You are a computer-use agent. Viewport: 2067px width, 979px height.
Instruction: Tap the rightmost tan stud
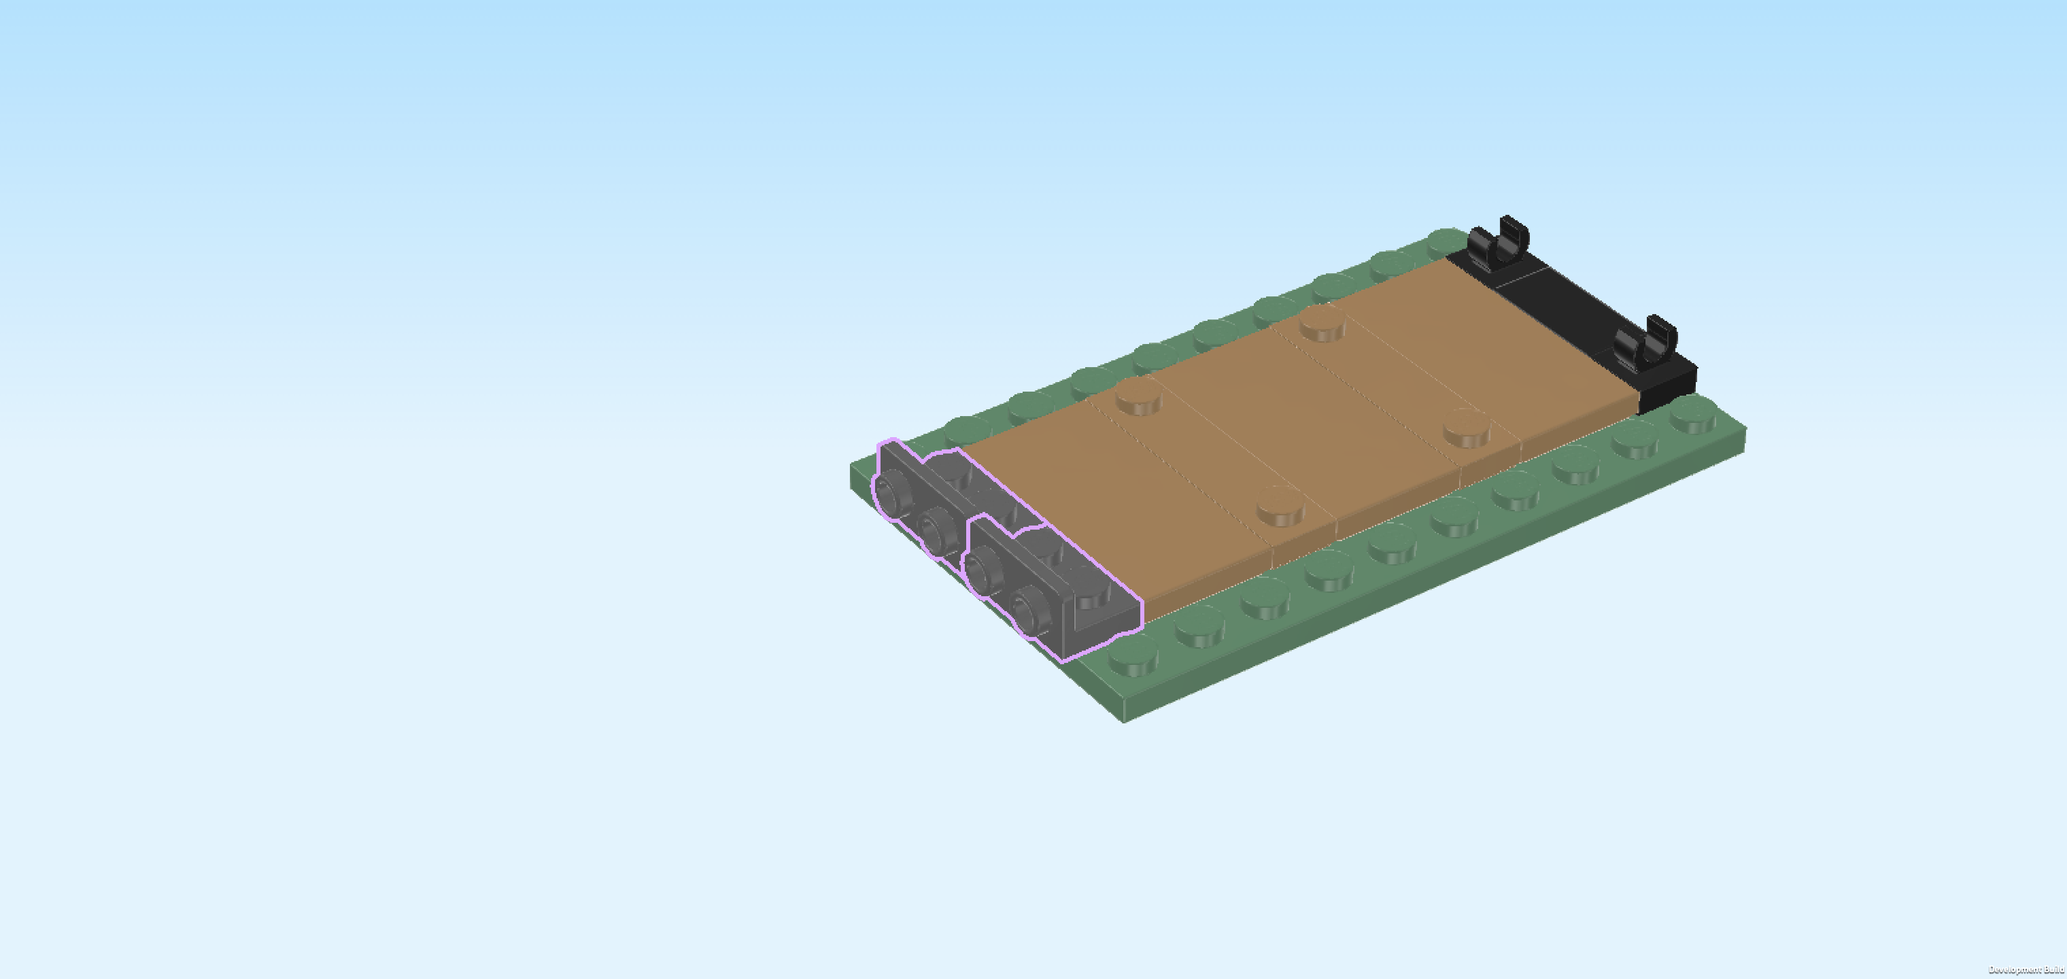(1467, 428)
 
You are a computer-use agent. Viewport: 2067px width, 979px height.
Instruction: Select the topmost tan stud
(1322, 324)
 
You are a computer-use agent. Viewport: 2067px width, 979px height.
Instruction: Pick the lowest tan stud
(1280, 506)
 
